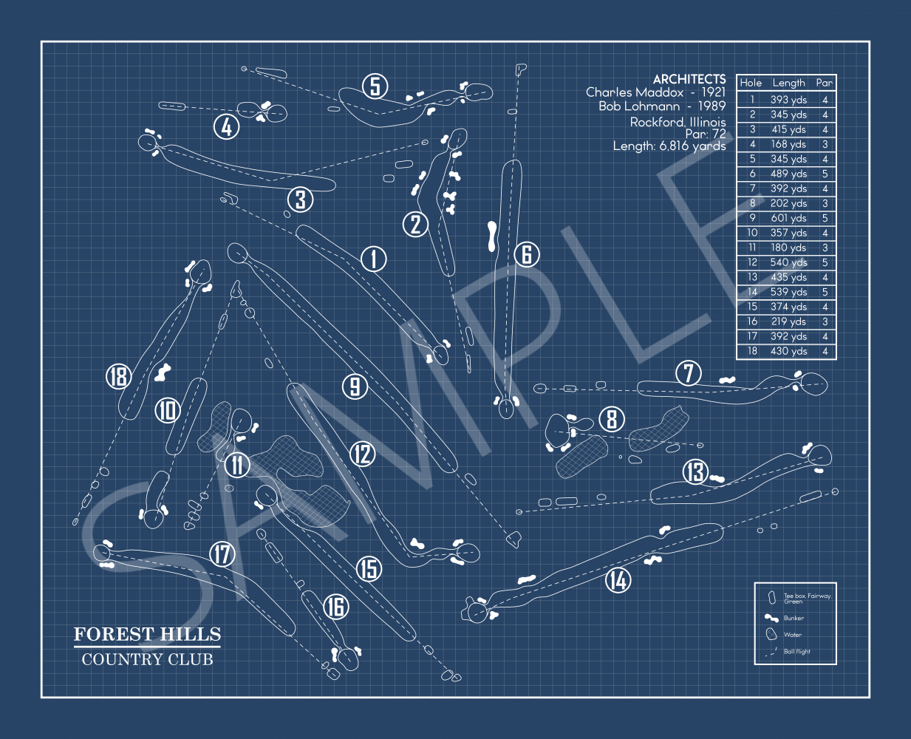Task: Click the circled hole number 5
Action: [375, 86]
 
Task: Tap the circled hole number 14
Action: [617, 580]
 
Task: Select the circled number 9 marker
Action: [355, 386]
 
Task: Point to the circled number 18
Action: [118, 377]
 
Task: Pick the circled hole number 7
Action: [689, 373]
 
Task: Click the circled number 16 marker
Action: [335, 607]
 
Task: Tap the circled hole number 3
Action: [300, 199]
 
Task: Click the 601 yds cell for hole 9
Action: [788, 218]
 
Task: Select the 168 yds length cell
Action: [788, 144]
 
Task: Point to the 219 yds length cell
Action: [788, 321]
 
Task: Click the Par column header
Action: [824, 83]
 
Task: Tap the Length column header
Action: [788, 83]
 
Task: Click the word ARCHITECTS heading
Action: [689, 79]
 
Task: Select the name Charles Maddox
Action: [634, 92]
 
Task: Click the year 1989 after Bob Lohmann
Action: [711, 106]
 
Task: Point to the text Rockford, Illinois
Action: [678, 122]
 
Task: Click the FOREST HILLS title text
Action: [147, 634]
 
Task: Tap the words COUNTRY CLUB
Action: [147, 659]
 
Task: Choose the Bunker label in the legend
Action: [794, 618]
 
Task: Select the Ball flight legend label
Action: [796, 652]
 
